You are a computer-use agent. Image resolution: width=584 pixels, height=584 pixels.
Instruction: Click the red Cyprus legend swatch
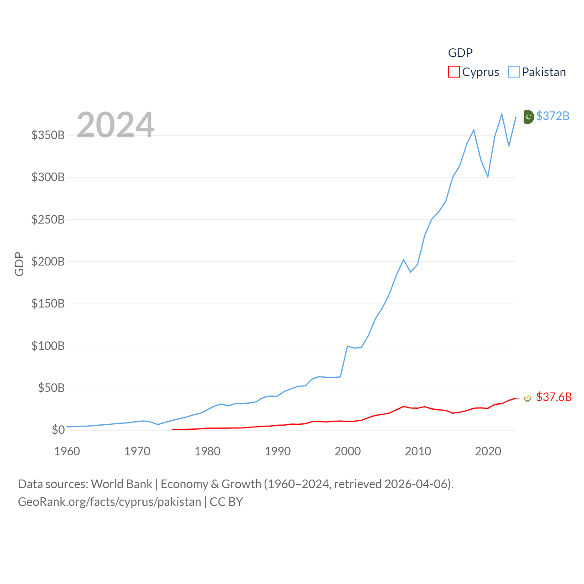pos(454,72)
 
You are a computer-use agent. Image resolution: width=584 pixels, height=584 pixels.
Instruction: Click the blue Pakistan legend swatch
pos(514,72)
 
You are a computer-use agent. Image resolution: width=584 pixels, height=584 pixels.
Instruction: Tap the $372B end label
pos(553,116)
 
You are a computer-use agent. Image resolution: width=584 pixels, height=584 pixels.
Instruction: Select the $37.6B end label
pos(554,397)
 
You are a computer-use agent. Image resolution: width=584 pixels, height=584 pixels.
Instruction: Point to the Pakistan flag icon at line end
pos(528,117)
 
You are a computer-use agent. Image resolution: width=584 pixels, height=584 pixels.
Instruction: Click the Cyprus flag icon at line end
pos(527,398)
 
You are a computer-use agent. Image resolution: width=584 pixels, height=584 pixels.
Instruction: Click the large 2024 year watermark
pos(115,125)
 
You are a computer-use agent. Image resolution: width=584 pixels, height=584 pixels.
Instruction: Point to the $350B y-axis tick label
pos(48,135)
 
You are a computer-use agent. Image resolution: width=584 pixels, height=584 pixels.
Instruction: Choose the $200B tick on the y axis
pos(48,261)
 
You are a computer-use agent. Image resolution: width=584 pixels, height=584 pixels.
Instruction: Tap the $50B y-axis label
pos(51,388)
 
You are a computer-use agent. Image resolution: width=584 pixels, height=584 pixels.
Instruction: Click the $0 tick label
pos(58,430)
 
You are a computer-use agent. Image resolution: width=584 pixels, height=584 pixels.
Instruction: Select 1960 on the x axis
pos(67,451)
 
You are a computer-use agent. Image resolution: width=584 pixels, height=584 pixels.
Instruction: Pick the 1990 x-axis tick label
pos(277,451)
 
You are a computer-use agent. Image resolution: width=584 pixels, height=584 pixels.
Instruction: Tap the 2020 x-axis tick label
pos(488,451)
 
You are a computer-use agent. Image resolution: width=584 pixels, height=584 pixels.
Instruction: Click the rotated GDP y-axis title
pos(19,264)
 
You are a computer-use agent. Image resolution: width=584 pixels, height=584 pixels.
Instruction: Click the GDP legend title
pos(460,53)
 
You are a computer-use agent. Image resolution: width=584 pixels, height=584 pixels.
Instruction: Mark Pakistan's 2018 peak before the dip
pos(474,130)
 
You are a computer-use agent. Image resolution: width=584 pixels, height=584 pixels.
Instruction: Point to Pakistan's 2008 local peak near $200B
pos(404,260)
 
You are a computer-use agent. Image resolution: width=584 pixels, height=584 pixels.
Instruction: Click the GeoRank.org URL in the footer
pos(109,502)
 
